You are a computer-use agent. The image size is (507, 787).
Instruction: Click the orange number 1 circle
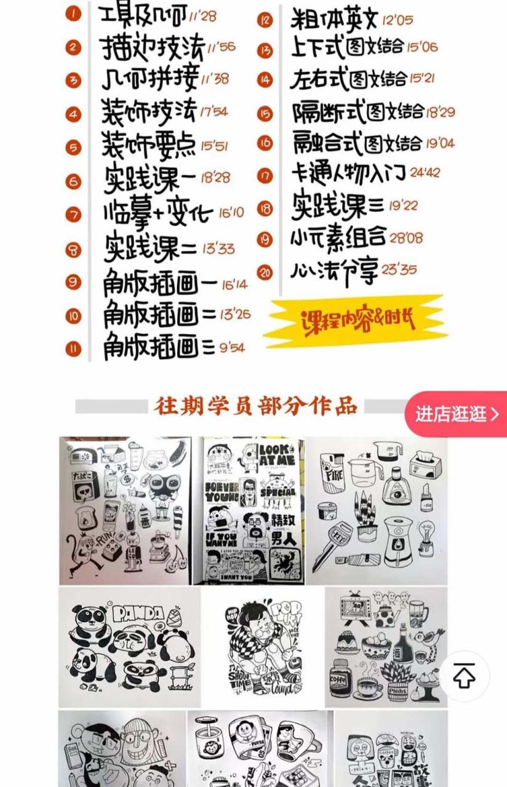[73, 14]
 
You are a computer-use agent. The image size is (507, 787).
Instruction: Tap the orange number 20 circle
[265, 272]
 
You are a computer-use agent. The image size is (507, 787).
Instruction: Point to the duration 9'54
[231, 348]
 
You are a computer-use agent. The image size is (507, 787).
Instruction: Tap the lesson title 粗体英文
[333, 20]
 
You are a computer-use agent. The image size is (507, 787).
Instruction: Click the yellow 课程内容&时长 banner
[357, 320]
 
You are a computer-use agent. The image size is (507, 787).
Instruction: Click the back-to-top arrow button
[464, 676]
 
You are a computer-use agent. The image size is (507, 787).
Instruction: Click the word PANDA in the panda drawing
[138, 613]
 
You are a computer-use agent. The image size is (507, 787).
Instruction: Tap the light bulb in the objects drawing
[426, 534]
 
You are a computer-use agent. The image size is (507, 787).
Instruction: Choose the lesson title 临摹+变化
[158, 213]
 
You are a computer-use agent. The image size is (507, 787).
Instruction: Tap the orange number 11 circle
[73, 349]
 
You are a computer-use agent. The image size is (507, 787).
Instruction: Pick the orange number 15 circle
[265, 114]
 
